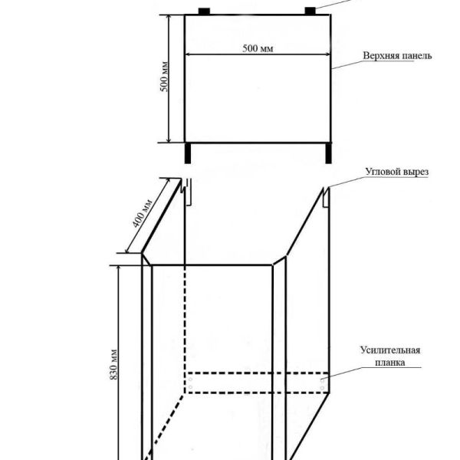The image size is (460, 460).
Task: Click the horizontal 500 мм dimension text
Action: point(258,48)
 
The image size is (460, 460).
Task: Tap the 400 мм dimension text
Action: point(143,212)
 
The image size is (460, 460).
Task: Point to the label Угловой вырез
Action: point(396,172)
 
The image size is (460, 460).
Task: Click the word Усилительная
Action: point(389,350)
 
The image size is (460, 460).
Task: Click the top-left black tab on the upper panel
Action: point(205,11)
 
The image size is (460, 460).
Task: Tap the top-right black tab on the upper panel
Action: point(310,10)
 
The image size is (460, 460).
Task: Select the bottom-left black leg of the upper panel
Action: point(187,153)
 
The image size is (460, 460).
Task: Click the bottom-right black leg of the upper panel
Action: point(328,153)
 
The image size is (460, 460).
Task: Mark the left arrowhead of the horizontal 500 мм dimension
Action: point(189,54)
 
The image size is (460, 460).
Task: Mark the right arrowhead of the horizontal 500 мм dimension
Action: point(327,54)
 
